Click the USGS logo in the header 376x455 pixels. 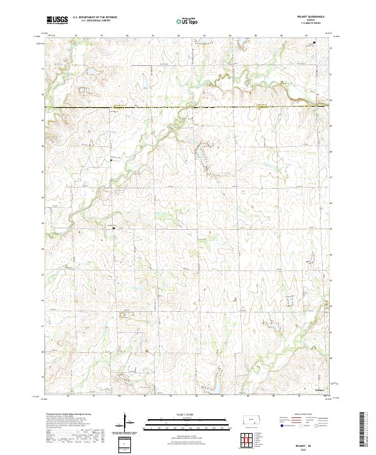(x=58, y=19)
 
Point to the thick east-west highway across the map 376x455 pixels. (x=188, y=107)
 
